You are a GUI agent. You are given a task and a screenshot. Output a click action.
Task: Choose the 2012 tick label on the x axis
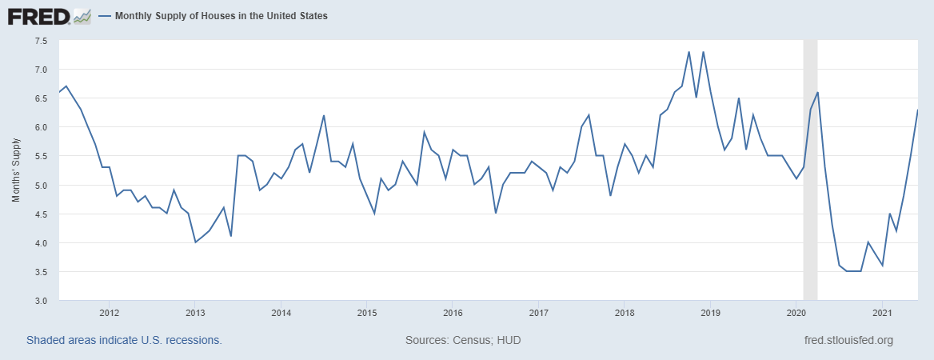click(x=109, y=312)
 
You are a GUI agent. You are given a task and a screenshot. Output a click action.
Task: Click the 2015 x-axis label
click(x=366, y=312)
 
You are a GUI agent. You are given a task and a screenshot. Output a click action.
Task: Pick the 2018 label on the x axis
click(x=625, y=312)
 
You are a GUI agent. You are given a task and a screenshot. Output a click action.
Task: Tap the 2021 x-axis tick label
click(x=882, y=312)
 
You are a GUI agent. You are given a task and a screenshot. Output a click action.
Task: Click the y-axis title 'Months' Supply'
click(x=16, y=170)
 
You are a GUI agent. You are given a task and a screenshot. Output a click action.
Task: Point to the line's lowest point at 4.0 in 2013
click(x=195, y=242)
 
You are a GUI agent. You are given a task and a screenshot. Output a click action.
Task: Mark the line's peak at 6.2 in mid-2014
click(x=324, y=115)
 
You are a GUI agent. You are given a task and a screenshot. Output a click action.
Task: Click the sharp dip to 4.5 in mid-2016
click(x=496, y=213)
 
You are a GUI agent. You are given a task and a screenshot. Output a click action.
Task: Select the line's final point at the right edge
click(x=917, y=110)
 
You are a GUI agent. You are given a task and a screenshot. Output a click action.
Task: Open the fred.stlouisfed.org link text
click(x=848, y=340)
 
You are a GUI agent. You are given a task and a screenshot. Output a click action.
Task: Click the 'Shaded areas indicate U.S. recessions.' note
click(x=124, y=340)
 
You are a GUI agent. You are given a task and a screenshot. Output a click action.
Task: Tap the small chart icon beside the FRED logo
click(x=82, y=16)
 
